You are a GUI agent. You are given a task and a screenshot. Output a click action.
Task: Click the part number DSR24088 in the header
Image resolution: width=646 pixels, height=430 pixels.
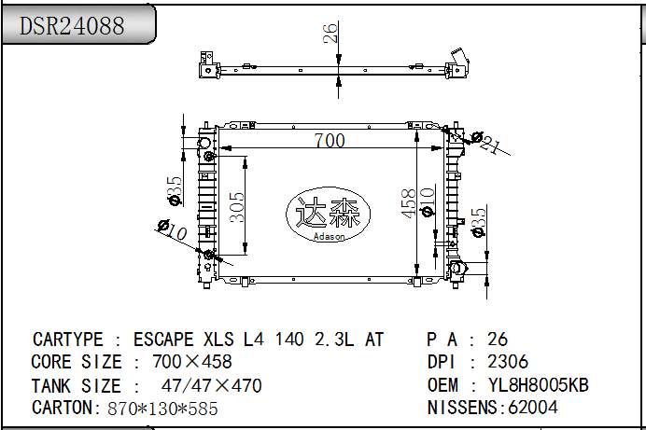pyautogui.click(x=72, y=25)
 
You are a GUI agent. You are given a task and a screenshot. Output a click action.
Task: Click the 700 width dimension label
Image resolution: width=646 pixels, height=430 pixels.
pyautogui.click(x=330, y=140)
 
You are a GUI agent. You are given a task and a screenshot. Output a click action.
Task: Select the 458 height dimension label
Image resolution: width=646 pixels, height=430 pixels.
pyautogui.click(x=408, y=203)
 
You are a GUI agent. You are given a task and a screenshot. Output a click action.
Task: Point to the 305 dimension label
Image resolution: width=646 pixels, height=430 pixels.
pyautogui.click(x=237, y=207)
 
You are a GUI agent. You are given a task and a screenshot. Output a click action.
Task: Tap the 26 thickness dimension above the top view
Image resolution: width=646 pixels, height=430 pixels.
pyautogui.click(x=330, y=33)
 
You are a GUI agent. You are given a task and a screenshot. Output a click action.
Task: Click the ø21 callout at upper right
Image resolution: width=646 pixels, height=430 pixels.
pyautogui.click(x=487, y=142)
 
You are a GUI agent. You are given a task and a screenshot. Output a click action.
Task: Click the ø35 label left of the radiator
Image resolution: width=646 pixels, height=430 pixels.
pyautogui.click(x=175, y=190)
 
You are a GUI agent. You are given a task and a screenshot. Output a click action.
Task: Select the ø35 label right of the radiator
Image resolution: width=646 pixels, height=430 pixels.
pyautogui.click(x=478, y=223)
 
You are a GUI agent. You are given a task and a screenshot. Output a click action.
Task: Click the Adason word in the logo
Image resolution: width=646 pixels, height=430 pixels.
pyautogui.click(x=329, y=237)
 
